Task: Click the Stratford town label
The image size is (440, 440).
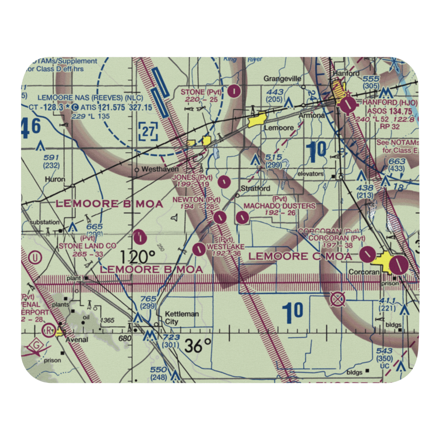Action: click(255, 189)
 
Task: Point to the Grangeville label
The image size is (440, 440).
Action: click(282, 79)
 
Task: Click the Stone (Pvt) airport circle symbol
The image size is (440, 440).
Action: click(235, 92)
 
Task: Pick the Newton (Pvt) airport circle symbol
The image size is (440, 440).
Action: click(220, 217)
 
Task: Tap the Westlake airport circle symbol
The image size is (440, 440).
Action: click(199, 249)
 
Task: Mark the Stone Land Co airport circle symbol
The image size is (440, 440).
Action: click(139, 237)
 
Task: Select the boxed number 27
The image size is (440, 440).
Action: click(148, 131)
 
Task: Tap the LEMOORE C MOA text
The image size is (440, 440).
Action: click(300, 256)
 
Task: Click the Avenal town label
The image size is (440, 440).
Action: click(77, 340)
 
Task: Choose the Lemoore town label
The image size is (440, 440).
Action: click(279, 128)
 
